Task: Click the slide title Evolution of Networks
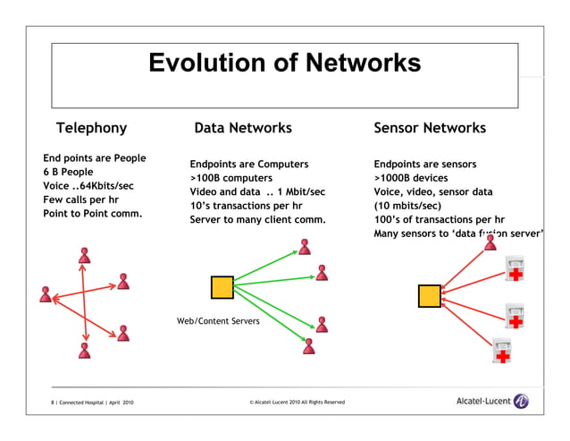pos(284,63)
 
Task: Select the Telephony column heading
pos(91,128)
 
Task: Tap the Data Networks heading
pos(243,128)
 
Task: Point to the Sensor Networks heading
pos(430,128)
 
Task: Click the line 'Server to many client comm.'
pos(257,219)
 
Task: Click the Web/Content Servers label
pos(218,319)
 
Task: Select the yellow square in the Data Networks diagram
pos(222,287)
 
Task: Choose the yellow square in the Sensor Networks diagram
pos(430,295)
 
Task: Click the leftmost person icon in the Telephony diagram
pos(46,293)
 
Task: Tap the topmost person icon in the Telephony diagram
pos(85,256)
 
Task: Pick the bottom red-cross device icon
pos(503,353)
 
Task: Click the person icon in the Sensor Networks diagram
pos(490,242)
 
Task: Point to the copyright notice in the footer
pos(297,403)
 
